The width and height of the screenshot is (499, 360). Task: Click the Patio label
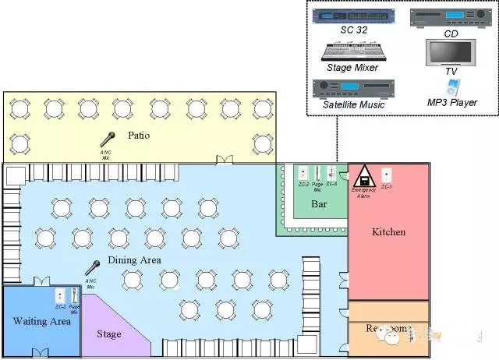(139, 136)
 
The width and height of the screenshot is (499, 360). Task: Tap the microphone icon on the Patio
(108, 139)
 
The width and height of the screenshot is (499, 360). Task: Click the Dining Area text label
(134, 259)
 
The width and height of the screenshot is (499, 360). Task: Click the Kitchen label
(388, 231)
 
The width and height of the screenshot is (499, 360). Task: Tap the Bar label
(319, 204)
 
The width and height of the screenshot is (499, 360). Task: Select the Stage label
(109, 334)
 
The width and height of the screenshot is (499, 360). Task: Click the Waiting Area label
(41, 320)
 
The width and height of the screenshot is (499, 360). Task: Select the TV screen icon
(451, 52)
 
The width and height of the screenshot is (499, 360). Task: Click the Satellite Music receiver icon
(353, 87)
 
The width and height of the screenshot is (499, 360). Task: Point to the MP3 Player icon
(451, 86)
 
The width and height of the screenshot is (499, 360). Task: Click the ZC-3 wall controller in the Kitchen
(387, 174)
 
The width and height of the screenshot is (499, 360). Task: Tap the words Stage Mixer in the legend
(353, 68)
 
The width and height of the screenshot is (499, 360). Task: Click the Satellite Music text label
(353, 104)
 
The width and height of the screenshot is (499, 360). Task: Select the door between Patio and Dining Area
(225, 161)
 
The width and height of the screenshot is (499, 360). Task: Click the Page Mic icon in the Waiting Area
(74, 295)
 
